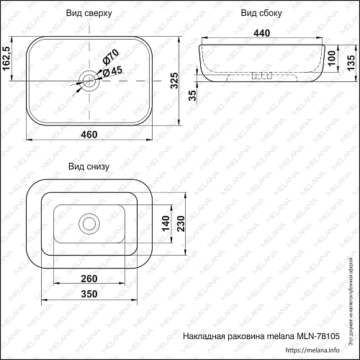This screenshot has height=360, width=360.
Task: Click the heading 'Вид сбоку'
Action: click(x=260, y=13)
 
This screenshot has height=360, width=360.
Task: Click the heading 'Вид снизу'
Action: click(x=88, y=166)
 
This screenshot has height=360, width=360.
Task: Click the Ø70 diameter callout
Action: click(x=110, y=55)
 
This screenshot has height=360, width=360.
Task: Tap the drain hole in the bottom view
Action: click(x=89, y=223)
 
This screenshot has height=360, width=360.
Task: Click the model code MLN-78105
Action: click(x=318, y=336)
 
